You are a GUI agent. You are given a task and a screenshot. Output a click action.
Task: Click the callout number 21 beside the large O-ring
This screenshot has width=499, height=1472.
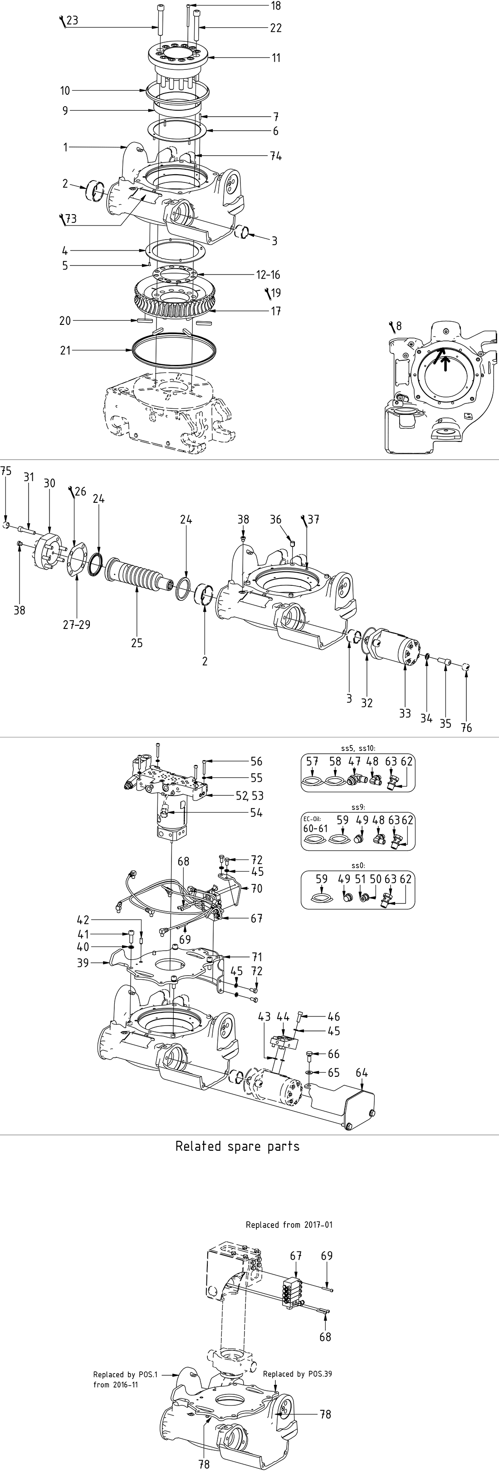(65, 350)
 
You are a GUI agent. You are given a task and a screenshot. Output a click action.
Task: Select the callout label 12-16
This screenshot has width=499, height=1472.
(268, 275)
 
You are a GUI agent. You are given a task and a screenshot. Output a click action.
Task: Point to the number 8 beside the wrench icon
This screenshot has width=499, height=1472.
(398, 326)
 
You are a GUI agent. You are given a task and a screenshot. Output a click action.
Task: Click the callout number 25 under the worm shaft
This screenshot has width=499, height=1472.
(137, 643)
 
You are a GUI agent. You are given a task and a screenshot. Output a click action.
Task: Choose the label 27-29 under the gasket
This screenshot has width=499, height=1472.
(77, 624)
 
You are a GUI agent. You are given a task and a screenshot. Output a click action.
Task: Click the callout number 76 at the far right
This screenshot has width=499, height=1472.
(466, 727)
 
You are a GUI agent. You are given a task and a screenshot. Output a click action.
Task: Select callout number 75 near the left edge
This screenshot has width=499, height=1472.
(6, 471)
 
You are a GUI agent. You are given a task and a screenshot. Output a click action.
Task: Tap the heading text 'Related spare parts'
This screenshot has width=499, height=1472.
(237, 1146)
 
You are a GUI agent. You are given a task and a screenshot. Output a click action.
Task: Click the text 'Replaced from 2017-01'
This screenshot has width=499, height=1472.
(289, 1225)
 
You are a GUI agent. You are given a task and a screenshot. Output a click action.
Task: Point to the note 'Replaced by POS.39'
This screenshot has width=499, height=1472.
(297, 1374)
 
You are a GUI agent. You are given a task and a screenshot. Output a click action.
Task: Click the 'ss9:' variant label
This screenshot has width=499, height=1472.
(358, 807)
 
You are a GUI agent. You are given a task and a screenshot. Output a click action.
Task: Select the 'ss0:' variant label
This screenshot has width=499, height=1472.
(358, 866)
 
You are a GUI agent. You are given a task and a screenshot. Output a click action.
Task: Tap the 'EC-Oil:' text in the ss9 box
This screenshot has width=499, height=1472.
(313, 819)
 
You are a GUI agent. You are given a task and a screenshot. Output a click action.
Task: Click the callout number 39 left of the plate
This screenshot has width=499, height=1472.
(83, 963)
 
